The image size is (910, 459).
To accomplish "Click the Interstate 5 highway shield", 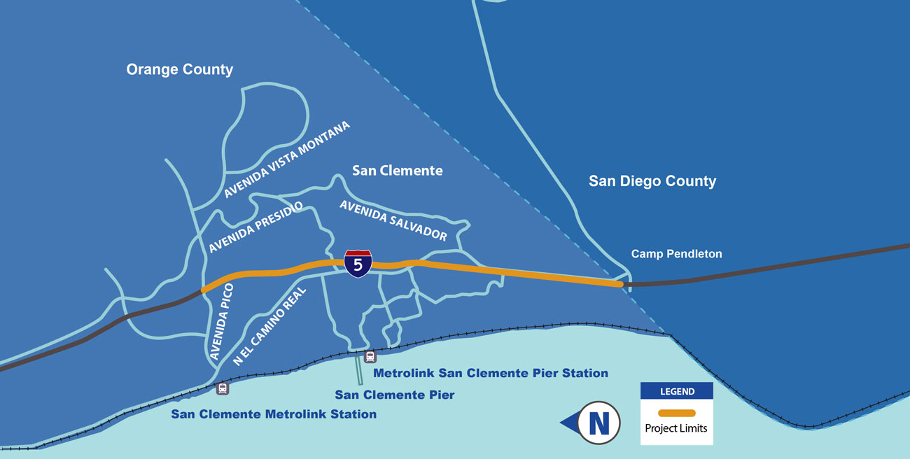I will coord(358,263).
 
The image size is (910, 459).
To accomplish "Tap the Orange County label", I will coord(179,69).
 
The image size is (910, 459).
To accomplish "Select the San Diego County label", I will coord(652,181).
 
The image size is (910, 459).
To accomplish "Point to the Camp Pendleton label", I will coord(676,254).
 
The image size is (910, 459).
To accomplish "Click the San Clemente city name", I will coord(397,170).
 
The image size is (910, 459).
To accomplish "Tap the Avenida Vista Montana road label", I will coord(287,160).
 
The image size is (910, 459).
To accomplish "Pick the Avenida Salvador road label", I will coord(393,220).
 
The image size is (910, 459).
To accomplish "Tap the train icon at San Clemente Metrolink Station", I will coord(223,389).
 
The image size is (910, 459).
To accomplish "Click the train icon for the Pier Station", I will coord(370,357).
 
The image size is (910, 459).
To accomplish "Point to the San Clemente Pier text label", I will coord(395,395).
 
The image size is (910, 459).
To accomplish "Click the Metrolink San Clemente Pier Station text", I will coord(491,373).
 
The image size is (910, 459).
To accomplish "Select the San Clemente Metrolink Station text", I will coord(274,414).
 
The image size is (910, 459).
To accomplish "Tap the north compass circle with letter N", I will coord(599,422).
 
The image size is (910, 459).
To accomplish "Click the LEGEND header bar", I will coord(677,391).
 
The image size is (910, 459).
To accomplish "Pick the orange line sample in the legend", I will coord(677,413).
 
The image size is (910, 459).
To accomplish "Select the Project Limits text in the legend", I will coord(677,428).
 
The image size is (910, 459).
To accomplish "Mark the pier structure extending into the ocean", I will coord(359,369).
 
